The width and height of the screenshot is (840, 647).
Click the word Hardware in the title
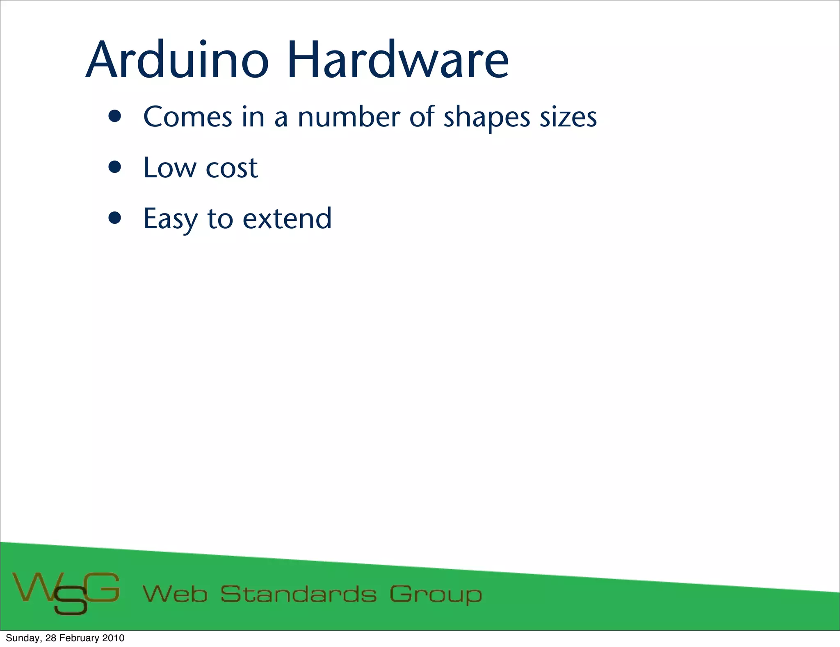[x=397, y=60]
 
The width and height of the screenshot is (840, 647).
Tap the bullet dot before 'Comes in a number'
[x=115, y=117]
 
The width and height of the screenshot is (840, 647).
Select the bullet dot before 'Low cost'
[x=115, y=167]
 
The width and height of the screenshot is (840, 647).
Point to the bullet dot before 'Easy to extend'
[x=115, y=218]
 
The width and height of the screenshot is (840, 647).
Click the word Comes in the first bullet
[x=188, y=117]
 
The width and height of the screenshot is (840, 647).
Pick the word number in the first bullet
[x=349, y=117]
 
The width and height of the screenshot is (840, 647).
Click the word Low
[x=170, y=168]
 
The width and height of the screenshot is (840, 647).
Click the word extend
[x=287, y=218]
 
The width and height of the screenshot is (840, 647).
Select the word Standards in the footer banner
[x=298, y=594]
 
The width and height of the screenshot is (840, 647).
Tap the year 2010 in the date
[x=113, y=638]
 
